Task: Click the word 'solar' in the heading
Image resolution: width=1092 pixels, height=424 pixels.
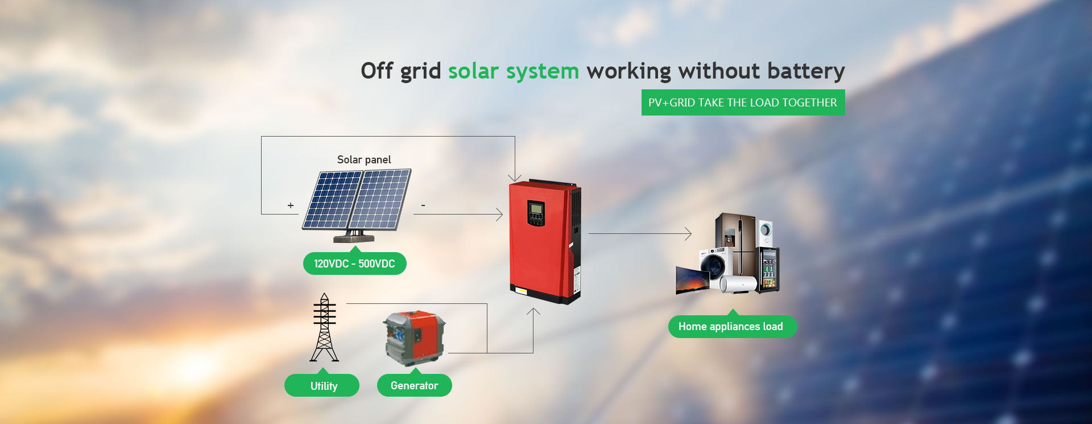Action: tap(473, 71)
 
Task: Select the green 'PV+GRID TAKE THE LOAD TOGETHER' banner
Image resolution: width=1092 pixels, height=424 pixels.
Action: tap(743, 102)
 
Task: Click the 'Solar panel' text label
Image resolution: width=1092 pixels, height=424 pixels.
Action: tap(364, 160)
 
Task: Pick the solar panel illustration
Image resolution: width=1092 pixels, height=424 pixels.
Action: tap(357, 205)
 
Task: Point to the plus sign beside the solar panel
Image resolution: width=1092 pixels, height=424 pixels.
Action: tap(291, 205)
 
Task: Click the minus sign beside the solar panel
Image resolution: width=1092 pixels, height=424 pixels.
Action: tap(423, 205)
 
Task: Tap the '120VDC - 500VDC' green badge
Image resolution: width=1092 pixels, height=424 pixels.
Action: tap(354, 264)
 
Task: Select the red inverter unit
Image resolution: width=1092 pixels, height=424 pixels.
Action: tap(545, 241)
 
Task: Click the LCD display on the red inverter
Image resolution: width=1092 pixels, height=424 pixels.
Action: tap(536, 209)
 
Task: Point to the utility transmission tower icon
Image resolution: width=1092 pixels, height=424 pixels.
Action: tap(324, 327)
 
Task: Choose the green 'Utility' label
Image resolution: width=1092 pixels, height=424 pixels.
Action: tap(322, 385)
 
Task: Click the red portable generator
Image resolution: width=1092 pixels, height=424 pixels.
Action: tap(414, 338)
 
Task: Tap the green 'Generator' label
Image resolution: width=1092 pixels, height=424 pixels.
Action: tap(415, 385)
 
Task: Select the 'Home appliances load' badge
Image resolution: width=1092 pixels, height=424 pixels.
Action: tap(732, 326)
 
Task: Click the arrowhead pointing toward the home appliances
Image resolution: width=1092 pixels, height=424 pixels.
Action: tap(688, 233)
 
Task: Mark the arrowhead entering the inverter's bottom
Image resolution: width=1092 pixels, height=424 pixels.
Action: tap(533, 312)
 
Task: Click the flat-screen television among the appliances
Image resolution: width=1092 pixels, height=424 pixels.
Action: tap(692, 279)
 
